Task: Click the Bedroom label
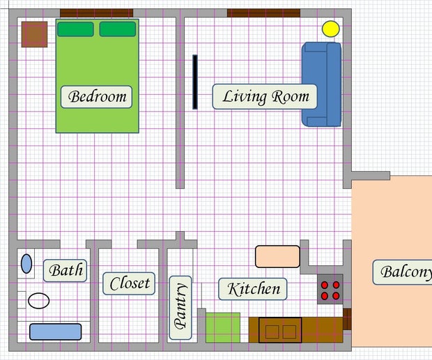98,96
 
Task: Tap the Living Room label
265,96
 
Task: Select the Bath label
65,270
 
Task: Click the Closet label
130,283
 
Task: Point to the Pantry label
180,307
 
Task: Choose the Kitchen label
254,288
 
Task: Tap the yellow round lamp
330,29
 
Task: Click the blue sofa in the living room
322,84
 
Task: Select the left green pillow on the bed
75,29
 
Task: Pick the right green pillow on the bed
117,29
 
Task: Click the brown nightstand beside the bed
34,34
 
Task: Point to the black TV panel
195,81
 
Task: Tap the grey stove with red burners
330,290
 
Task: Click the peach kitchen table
277,256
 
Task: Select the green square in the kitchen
223,327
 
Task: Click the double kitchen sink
280,330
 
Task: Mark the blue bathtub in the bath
56,331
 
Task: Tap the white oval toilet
39,301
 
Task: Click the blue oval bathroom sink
26,263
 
